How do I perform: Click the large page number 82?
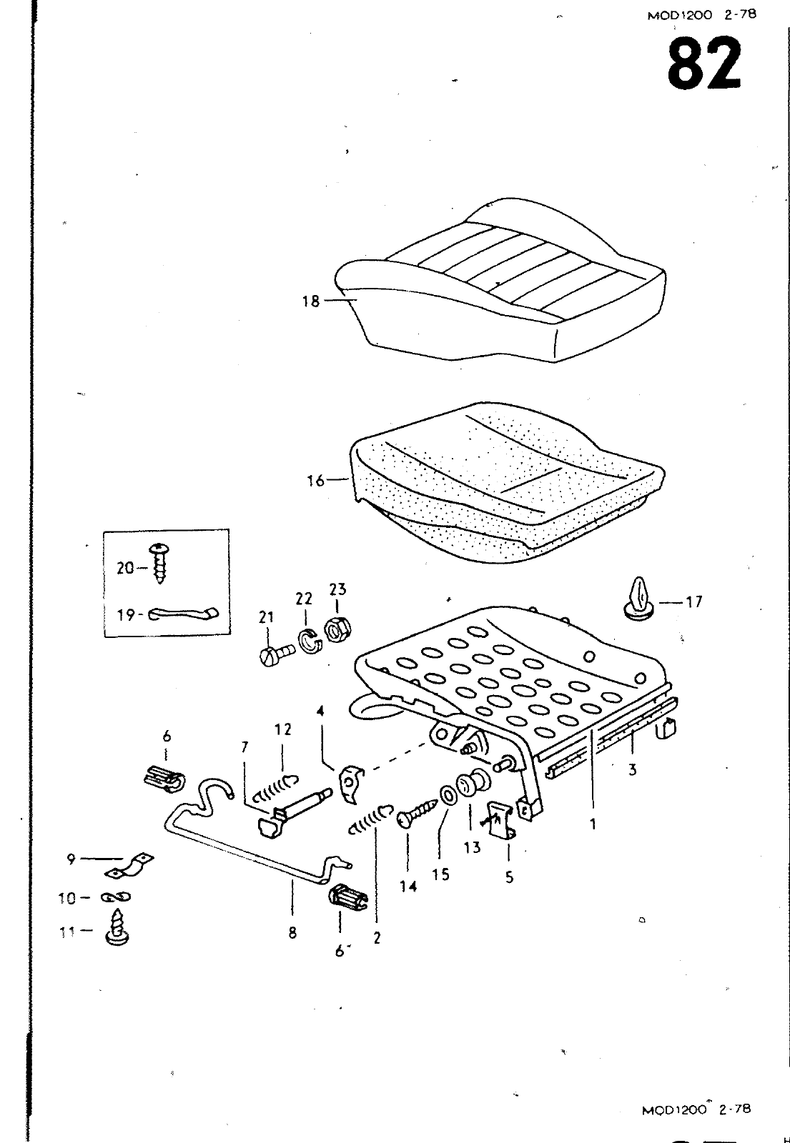(704, 64)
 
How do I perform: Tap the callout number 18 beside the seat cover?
(310, 301)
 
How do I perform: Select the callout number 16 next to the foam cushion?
(315, 481)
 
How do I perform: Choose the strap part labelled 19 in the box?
(184, 614)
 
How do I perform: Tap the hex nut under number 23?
(335, 629)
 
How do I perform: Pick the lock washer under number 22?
(309, 641)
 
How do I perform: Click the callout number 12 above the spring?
(283, 729)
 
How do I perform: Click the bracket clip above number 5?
(502, 819)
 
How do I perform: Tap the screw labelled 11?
(114, 929)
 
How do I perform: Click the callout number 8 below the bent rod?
(292, 932)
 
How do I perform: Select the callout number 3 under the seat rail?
(633, 770)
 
